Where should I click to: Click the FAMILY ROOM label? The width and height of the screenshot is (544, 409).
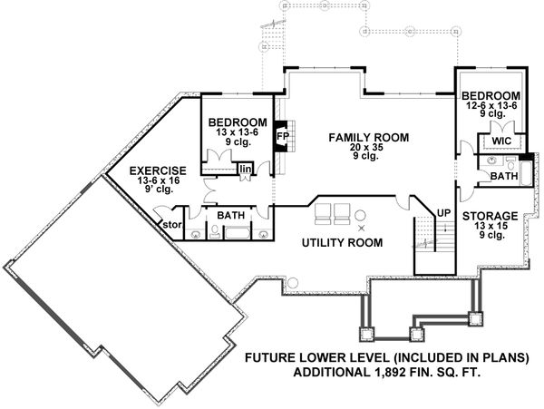tap(369, 138)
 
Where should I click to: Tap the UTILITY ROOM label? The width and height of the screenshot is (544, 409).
tap(341, 243)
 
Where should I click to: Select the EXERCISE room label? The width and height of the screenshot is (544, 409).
tap(158, 170)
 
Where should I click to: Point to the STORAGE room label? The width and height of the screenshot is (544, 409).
tap(491, 217)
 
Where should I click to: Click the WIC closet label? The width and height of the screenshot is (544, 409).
tap(502, 142)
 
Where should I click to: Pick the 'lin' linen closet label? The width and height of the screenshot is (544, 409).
tap(245, 169)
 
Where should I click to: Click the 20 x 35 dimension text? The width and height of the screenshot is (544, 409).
tap(369, 149)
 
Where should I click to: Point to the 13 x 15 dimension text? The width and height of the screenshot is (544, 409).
tap(490, 227)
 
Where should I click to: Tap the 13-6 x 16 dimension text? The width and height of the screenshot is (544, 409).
tap(158, 181)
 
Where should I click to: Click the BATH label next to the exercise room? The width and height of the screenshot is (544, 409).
tap(230, 216)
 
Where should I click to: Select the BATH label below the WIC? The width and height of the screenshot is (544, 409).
tap(503, 177)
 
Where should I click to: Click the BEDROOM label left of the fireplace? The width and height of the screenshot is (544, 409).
tap(237, 123)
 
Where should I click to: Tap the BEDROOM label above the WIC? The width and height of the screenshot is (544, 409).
tap(491, 95)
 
